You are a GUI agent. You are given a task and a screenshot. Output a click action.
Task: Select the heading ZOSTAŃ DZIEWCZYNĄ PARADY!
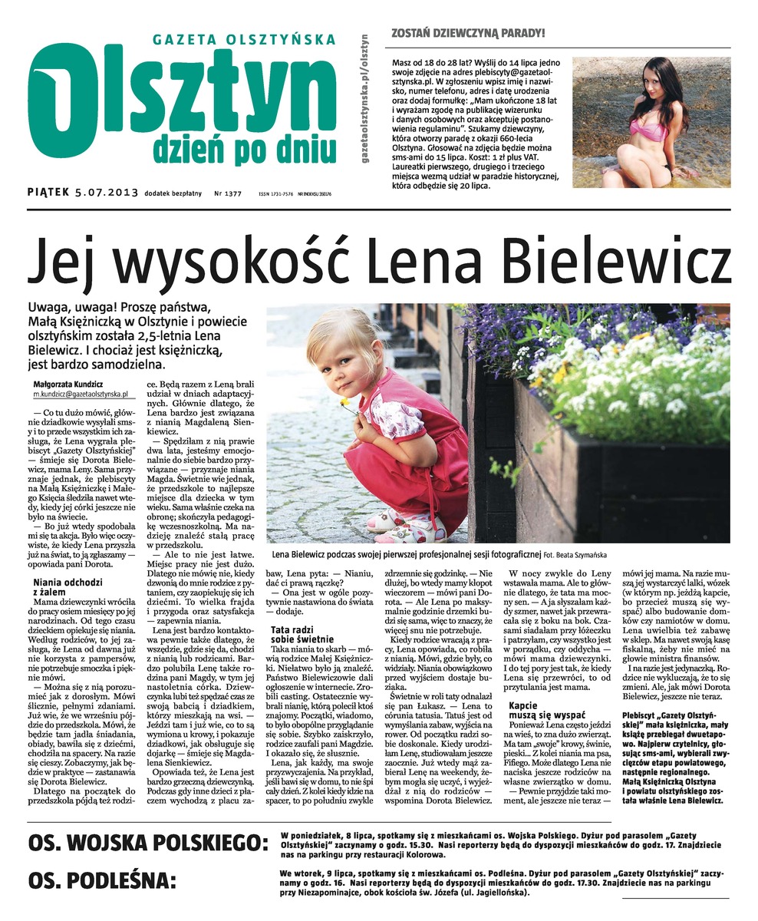[469, 33]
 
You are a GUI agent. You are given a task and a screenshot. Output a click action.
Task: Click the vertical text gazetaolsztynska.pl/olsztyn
[364, 97]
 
